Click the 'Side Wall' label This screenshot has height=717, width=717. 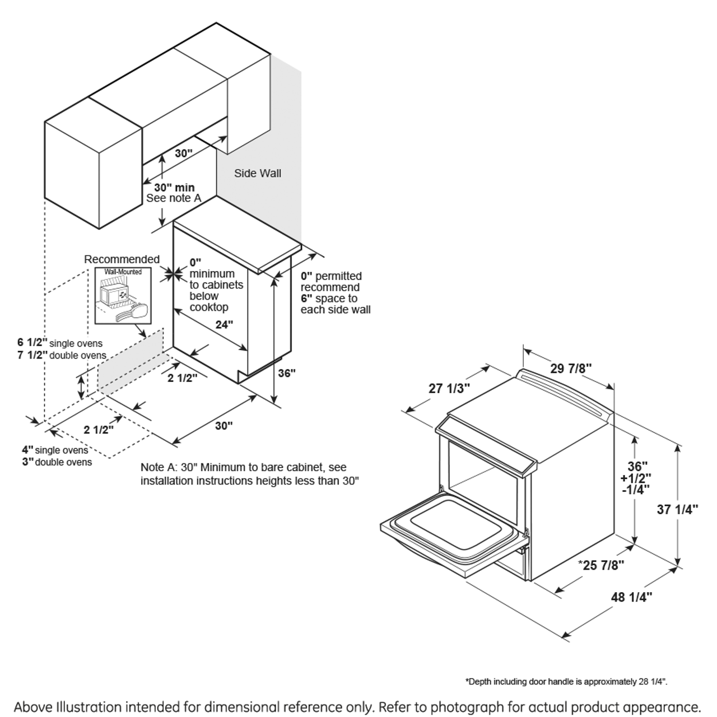tap(258, 173)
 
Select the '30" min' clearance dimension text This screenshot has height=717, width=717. tap(174, 187)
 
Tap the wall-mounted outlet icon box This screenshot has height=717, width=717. tap(123, 296)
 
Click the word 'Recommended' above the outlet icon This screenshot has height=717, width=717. tap(122, 259)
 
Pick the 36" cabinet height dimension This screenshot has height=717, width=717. tap(286, 373)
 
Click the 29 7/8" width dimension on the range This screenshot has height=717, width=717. tap(571, 368)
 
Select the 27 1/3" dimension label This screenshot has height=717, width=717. tap(449, 388)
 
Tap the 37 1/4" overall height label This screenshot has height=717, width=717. tap(677, 509)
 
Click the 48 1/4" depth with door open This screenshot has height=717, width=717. tap(631, 597)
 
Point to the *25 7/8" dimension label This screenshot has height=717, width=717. tap(601, 565)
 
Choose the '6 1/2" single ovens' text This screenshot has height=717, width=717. tap(60, 343)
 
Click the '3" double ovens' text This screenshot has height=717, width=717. tap(57, 462)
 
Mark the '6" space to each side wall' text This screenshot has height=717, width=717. tap(336, 304)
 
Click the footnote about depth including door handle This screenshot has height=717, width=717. tap(566, 682)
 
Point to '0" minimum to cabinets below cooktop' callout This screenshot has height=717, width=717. tap(216, 285)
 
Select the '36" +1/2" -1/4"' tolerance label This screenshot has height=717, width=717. tap(635, 478)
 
